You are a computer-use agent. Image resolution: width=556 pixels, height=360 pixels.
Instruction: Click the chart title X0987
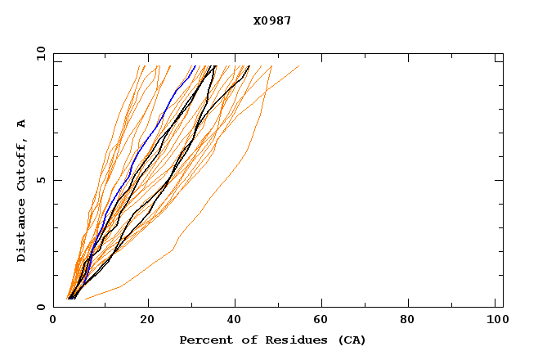click(272, 20)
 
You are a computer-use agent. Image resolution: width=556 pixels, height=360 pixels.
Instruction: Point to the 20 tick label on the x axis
click(147, 321)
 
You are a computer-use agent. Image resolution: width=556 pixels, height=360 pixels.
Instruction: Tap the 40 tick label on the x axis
click(235, 321)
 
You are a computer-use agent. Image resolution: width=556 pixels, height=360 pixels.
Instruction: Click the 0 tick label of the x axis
click(53, 321)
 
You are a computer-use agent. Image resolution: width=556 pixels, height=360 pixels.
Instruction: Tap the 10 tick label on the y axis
click(39, 54)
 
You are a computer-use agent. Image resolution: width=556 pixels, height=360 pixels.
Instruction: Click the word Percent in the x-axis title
click(203, 340)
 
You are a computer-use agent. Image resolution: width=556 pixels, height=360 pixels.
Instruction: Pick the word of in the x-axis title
click(247, 340)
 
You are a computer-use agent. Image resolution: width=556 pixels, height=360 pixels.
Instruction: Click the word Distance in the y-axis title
click(21, 230)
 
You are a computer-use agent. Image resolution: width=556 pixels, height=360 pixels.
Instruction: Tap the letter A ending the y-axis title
click(21, 124)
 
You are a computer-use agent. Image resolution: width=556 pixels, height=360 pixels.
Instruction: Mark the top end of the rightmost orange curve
click(298, 65)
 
